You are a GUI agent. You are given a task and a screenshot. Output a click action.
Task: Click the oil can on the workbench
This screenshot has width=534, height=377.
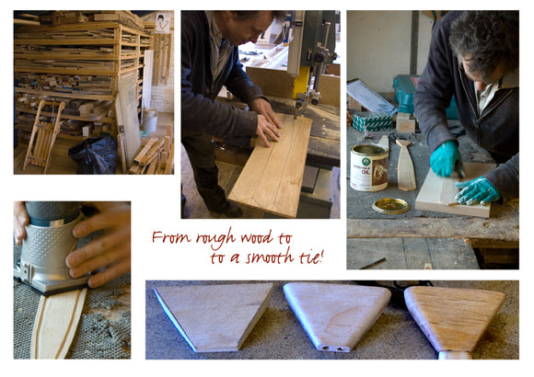[369, 167]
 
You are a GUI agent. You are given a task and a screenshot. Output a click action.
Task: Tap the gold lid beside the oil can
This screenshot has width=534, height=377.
[391, 206]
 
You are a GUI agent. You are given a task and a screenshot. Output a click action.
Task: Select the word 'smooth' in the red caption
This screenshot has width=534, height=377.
[270, 257]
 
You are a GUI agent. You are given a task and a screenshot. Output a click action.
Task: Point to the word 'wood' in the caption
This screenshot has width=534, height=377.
[256, 237]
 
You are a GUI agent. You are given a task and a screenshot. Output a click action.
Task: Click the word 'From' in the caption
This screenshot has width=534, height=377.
[171, 237]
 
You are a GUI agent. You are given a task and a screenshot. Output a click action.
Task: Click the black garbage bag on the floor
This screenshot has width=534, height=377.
[94, 155]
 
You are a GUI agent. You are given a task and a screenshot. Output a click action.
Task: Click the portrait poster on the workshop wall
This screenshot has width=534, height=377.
[163, 23]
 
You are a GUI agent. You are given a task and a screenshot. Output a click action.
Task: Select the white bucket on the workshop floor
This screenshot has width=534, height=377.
[150, 120]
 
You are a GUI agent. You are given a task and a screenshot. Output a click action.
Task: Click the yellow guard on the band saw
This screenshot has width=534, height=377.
[301, 82]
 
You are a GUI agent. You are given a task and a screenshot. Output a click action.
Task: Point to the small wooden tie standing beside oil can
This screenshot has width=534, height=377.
[406, 165]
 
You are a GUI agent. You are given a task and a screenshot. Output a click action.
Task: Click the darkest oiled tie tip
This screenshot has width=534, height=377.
[455, 321]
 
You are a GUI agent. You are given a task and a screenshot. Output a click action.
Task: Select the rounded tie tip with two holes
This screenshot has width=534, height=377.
[335, 315]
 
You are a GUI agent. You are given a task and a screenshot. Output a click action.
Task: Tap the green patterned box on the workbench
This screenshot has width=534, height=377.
[372, 121]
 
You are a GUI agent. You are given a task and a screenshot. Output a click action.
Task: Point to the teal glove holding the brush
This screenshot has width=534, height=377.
[445, 158]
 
